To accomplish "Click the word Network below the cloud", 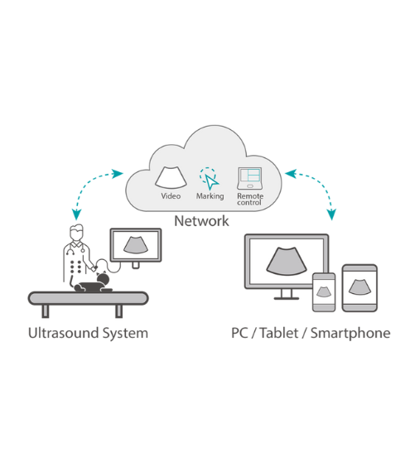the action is [201, 221].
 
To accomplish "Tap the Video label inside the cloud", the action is [171, 196].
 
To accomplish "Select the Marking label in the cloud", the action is [210, 196].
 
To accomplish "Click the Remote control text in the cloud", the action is [250, 200].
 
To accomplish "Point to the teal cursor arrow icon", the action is [211, 181].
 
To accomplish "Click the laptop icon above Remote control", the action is [249, 179].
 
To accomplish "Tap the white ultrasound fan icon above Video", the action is [171, 178].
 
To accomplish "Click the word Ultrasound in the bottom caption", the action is [63, 333].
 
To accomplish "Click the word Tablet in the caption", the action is [279, 333].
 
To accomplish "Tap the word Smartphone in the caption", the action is [350, 334].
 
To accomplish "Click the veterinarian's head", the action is [76, 233].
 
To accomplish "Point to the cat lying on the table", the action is [93, 283].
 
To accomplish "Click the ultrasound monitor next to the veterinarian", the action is [136, 245].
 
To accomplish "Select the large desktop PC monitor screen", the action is [287, 261].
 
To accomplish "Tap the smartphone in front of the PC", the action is [324, 292].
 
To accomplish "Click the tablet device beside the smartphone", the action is [359, 288].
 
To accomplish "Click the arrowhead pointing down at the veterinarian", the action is [76, 214].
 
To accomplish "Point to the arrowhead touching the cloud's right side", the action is [291, 174].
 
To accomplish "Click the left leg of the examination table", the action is [46, 311].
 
